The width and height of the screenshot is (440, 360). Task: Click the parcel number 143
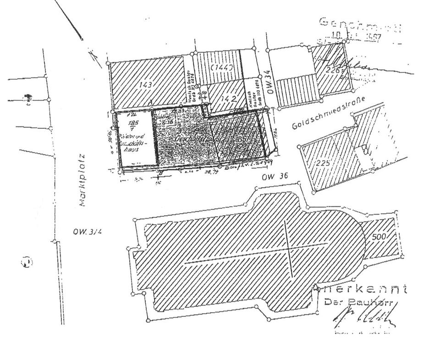pos(148,84)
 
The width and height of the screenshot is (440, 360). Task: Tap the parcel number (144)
pos(223,68)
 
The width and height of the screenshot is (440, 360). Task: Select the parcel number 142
pos(230,98)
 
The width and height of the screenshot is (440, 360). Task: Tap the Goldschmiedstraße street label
pos(326,117)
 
